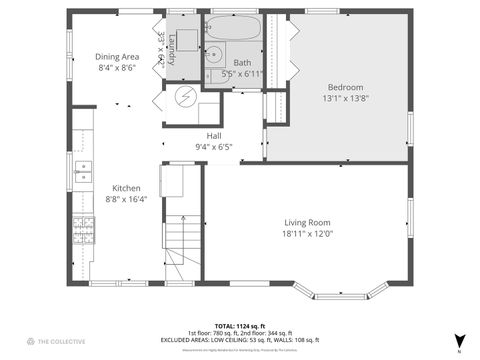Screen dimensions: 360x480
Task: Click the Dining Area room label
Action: click(117, 57)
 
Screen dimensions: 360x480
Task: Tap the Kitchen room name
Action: click(126, 188)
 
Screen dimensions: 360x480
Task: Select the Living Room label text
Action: click(306, 222)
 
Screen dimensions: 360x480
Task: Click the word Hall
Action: click(214, 135)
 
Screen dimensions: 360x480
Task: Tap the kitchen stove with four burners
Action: click(79, 235)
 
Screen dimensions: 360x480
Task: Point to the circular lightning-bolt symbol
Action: click(185, 97)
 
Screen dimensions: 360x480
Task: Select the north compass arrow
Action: click(459, 340)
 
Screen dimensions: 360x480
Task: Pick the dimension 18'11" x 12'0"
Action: click(306, 234)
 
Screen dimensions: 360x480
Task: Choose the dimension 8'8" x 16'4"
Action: click(126, 199)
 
